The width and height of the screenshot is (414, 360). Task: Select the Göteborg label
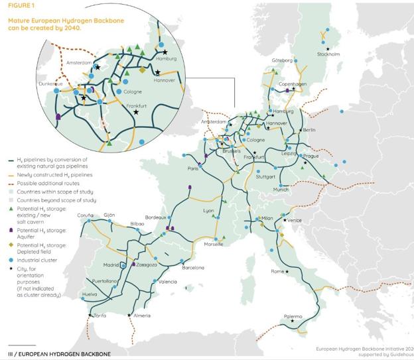(282, 60)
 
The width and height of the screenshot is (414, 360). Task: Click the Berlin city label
(309, 131)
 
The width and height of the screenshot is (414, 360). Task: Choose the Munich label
(281, 190)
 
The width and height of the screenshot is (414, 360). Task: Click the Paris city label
(193, 168)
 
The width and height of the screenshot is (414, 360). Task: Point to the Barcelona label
(193, 268)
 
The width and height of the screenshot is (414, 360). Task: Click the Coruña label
(85, 215)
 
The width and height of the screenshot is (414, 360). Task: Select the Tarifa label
(99, 315)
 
